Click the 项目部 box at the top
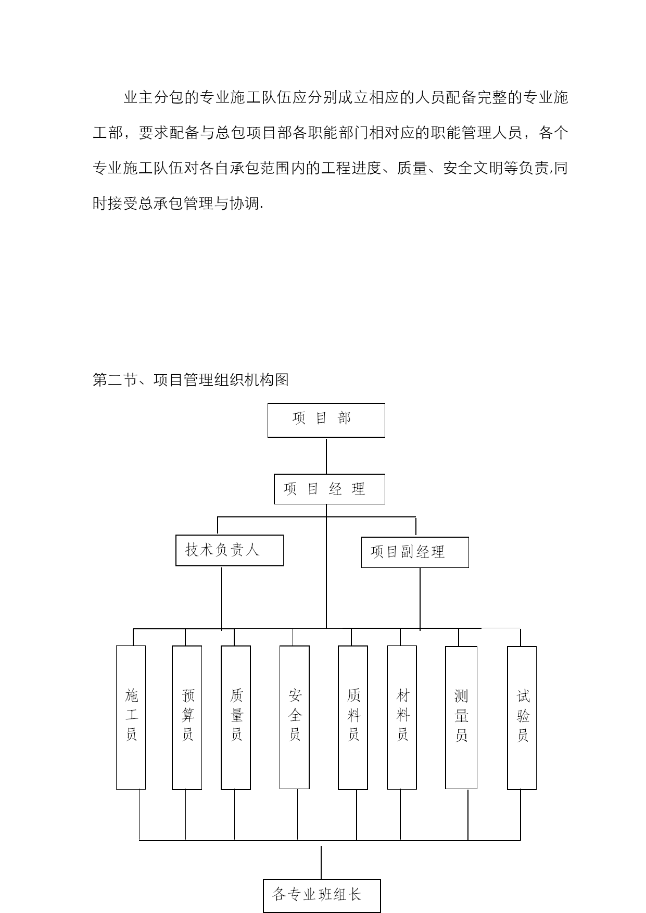(x=326, y=420)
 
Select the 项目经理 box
(x=329, y=489)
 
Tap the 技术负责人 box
(x=230, y=550)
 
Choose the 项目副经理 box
(x=415, y=552)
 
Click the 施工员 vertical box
(x=131, y=717)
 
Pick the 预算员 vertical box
(x=187, y=718)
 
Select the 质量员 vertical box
(x=236, y=718)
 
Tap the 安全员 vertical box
(x=295, y=717)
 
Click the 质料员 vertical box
(x=353, y=718)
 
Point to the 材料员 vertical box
(x=402, y=717)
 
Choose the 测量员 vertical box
(x=461, y=718)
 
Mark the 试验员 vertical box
(x=522, y=718)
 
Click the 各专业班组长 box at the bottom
(x=322, y=896)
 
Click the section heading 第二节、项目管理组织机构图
(x=191, y=380)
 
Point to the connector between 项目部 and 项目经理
(x=326, y=456)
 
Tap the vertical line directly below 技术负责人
(x=221, y=599)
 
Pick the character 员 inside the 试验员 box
(x=523, y=735)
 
